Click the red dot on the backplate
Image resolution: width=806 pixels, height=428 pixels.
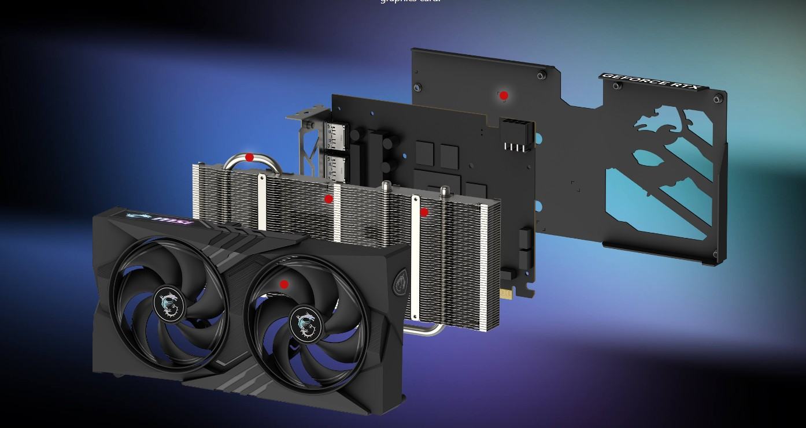504,95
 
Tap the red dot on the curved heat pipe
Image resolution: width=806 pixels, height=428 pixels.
249,157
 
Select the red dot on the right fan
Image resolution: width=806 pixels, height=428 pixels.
284,284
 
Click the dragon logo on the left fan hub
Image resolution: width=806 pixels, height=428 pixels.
168,304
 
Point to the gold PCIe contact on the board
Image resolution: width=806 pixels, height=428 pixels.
506,295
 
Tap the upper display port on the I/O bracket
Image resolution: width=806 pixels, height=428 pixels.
336,136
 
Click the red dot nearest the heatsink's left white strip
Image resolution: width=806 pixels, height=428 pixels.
328,199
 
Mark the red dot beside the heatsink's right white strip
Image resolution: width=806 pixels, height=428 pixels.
424,212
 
